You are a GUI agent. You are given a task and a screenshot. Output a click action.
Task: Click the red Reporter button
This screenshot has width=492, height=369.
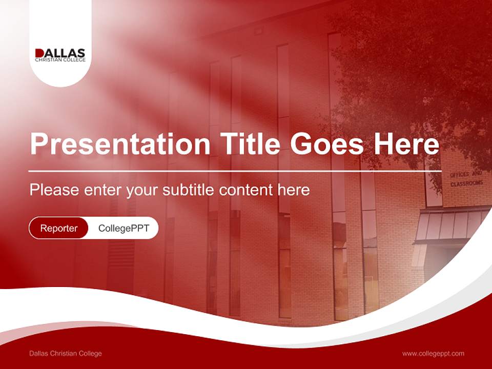(59, 228)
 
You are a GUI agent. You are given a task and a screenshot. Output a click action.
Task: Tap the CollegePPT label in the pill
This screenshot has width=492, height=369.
(124, 228)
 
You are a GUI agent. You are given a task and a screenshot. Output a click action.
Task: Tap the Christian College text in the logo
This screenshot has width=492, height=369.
(60, 60)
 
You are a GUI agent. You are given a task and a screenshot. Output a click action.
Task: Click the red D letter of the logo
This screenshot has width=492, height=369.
(39, 53)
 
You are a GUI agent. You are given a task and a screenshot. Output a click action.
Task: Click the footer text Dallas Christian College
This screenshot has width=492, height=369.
(66, 353)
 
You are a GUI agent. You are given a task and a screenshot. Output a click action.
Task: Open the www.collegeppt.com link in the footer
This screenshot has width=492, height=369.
(433, 353)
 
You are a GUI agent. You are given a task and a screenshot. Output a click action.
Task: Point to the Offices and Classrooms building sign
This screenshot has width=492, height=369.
(466, 179)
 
